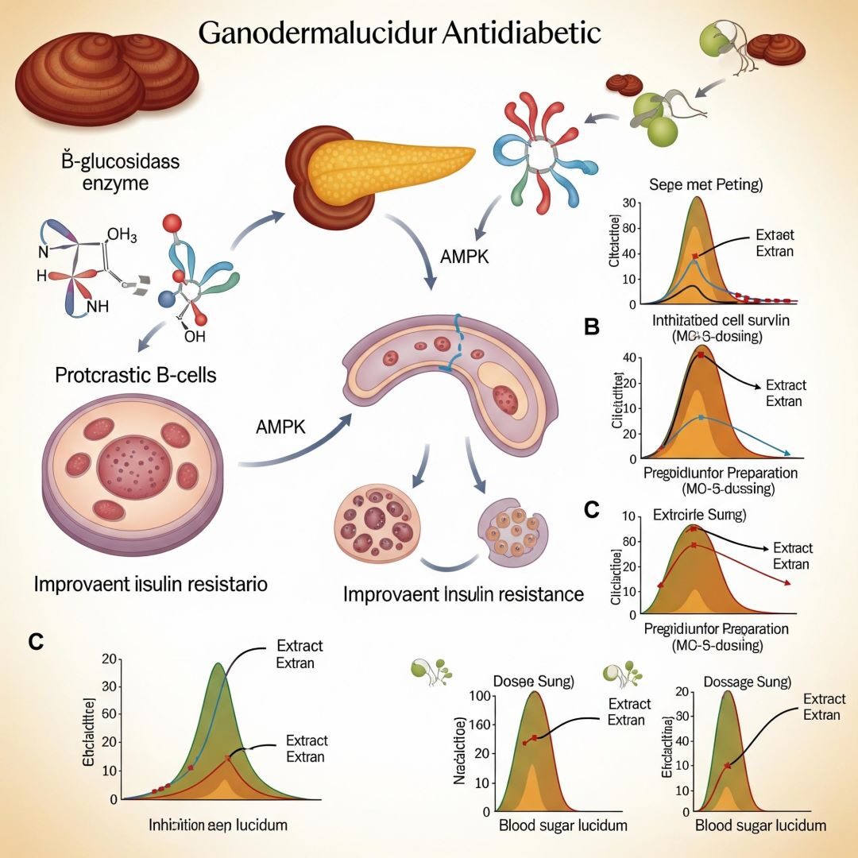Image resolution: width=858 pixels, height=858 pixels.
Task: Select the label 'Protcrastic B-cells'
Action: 136,374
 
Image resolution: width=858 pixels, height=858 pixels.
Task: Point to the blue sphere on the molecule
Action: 166,299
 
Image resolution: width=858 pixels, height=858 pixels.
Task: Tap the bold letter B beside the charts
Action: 591,327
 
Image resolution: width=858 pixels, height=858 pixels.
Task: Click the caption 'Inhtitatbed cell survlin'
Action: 706,323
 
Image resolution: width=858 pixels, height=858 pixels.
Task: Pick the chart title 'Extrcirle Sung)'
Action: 698,514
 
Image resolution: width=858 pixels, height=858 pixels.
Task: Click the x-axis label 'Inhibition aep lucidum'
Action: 218,825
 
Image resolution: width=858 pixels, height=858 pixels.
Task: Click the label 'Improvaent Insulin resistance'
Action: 464,593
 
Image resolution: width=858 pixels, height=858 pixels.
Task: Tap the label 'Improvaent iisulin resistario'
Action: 150,584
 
